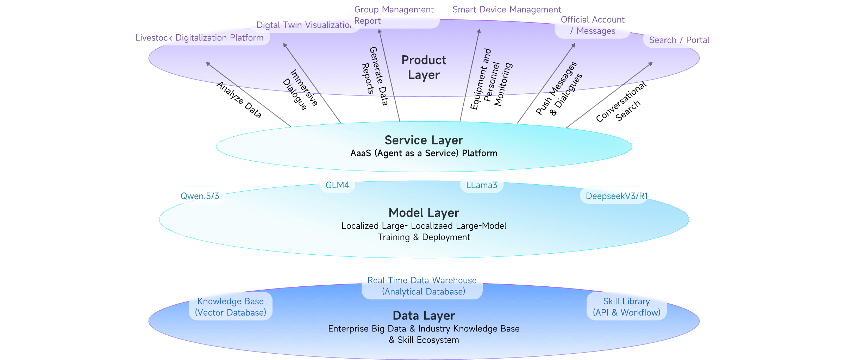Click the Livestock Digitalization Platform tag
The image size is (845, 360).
pos(199,37)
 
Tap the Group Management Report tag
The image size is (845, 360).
pos(394,15)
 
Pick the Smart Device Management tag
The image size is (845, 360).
pos(506,9)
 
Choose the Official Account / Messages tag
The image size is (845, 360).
pos(593,25)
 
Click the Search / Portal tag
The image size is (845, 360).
pos(679,40)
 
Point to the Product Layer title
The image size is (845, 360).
pos(424,67)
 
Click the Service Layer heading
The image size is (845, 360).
pos(424,140)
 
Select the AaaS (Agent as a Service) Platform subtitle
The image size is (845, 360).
pos(424,153)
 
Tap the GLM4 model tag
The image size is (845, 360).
pos(337,185)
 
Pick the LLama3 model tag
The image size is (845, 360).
pos(482,185)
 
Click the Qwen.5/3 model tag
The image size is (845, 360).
pos(200,196)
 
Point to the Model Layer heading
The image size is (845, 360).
pos(424,213)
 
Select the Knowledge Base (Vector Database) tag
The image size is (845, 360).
pos(230,307)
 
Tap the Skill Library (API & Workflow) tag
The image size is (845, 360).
pos(626,307)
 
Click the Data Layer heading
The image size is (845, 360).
pos(424,316)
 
